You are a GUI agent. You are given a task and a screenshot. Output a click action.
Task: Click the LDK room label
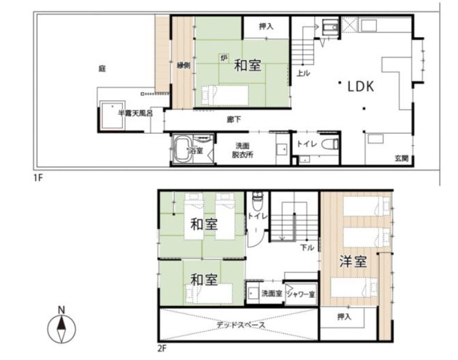coord(361,86)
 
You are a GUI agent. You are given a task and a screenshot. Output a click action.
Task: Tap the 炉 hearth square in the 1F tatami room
coord(224,58)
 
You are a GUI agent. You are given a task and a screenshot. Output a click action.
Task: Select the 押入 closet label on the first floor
coord(266,26)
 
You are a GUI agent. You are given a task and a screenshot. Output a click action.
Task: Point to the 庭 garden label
coord(102,69)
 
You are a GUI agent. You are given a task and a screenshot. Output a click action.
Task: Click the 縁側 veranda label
coord(183,65)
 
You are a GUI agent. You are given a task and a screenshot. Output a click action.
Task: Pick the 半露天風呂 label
coord(135,113)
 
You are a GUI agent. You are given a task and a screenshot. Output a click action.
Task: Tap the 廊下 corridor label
coord(234,119)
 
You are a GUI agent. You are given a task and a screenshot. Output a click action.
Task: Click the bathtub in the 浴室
coord(182,149)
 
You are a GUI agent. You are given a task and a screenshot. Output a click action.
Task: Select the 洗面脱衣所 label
coord(242,150)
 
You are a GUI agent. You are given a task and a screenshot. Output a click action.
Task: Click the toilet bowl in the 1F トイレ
coord(330,144)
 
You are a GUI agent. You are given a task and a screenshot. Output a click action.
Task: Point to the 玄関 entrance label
coord(402,158)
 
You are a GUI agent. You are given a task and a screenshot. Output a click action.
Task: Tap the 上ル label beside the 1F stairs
coord(303,73)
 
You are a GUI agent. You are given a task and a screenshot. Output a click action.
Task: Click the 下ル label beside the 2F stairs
coord(307,248)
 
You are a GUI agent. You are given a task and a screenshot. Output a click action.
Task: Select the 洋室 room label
coord(353,261)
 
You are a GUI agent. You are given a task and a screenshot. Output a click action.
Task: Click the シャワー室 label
coord(301,294)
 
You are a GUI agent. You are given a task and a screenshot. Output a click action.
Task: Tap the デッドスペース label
coord(241,325)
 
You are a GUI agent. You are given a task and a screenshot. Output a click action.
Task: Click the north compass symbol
coord(61,326)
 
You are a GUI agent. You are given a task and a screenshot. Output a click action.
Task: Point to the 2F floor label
coord(162,348)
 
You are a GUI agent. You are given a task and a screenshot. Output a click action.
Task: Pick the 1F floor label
coord(38,177)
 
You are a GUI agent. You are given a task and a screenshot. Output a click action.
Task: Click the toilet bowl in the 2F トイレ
coord(258,202)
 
